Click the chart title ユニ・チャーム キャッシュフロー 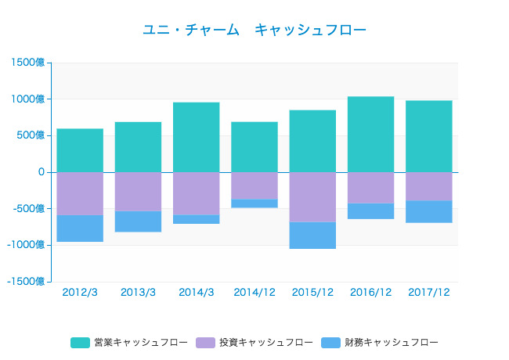point(254,30)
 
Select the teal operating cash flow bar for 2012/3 point(80,150)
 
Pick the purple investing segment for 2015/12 point(312,196)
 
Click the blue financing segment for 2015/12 point(312,235)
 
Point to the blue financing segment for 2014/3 point(197,219)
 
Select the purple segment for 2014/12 point(254,185)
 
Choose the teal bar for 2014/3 point(197,137)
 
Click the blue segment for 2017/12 point(428,211)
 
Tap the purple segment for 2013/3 point(139,191)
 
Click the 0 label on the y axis point(41,172)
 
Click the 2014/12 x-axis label point(254,292)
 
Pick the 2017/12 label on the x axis point(428,292)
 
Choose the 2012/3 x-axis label point(80,292)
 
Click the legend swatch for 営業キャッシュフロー point(81,343)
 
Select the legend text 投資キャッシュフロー point(265,343)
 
